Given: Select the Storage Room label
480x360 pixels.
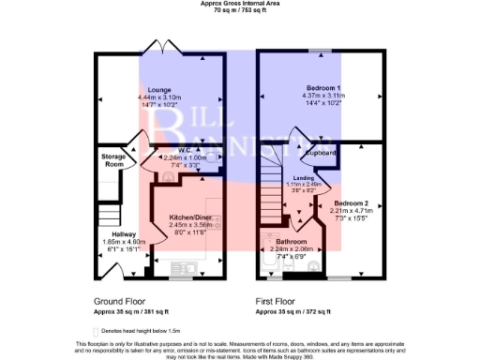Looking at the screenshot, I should [114, 160].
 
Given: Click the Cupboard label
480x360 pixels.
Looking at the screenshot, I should [322, 151].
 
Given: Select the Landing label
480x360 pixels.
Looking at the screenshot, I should [304, 178].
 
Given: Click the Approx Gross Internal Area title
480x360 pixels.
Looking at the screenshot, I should [241, 3].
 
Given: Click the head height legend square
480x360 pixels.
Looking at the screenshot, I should [97, 331].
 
